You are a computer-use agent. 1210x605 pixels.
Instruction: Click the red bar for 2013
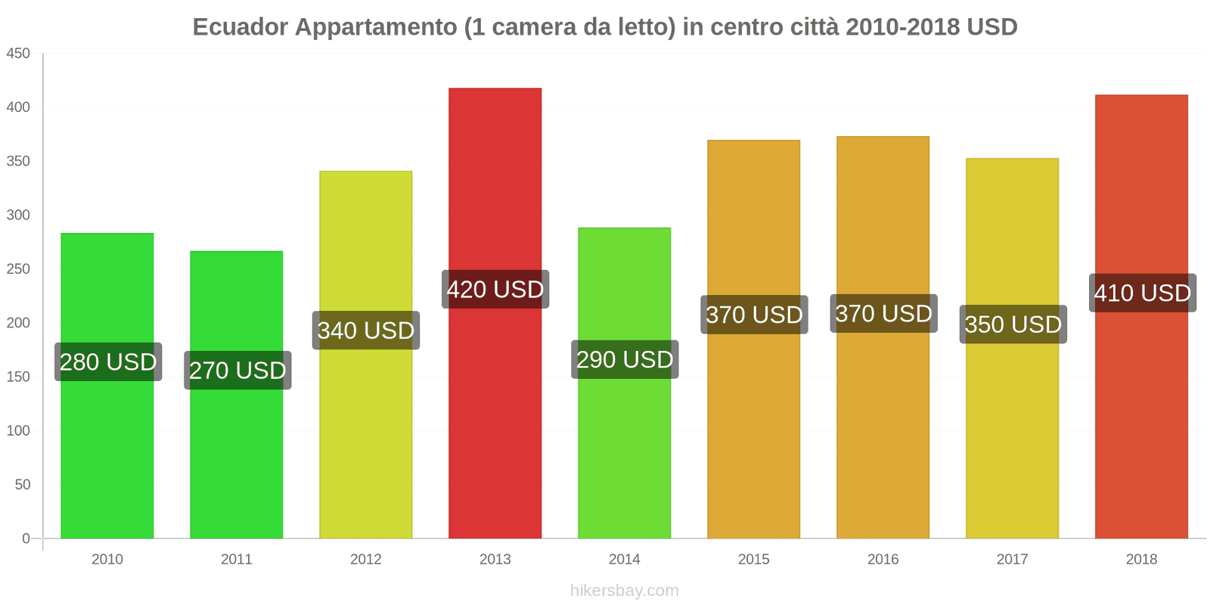coord(495,423)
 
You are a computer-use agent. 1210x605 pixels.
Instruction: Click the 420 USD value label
coord(495,290)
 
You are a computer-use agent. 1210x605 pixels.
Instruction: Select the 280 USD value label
coord(108,362)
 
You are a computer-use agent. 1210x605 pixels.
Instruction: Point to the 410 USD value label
coord(1142,293)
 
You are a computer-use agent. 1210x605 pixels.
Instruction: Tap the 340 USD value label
coord(366,330)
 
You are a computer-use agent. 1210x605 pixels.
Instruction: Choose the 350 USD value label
coord(1013,324)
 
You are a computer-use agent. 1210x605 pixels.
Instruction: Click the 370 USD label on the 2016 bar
coord(883,314)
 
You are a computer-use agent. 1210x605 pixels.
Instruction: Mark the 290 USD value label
coord(625,360)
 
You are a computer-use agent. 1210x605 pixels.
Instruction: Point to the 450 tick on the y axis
coord(18,54)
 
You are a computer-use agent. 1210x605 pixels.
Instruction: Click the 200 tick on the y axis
coord(18,323)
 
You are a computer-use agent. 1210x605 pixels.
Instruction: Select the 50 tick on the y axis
coord(22,485)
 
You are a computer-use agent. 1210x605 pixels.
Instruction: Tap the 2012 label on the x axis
coord(366,560)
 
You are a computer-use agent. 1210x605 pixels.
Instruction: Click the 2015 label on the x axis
coord(754,560)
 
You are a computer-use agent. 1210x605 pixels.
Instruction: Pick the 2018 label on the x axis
coord(1141,560)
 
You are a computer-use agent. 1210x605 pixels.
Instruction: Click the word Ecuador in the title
coord(240,27)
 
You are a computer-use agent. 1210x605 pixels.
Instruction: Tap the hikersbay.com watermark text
coord(625,591)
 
